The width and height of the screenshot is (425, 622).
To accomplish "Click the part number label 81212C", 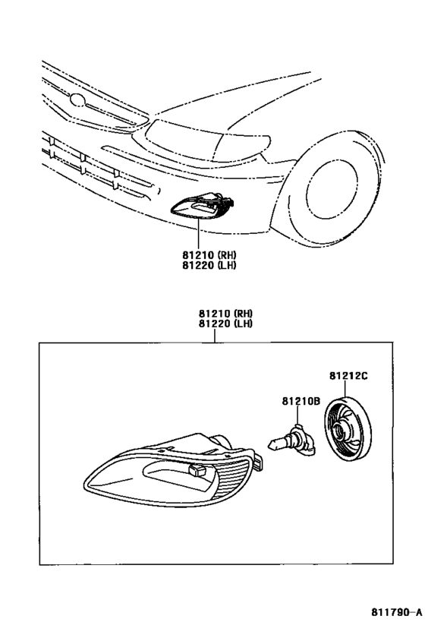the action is pos(348,375).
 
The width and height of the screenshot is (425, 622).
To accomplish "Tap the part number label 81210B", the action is pos(301,402).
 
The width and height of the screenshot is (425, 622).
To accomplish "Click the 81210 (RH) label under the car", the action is pos(209,254).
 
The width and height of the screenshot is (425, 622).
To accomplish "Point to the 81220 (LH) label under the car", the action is pos(209,264).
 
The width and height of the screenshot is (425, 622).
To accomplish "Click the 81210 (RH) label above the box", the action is pos(225,313).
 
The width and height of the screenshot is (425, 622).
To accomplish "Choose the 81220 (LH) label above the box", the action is pos(225,324).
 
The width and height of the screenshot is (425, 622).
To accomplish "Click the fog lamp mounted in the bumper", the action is pos(202,206).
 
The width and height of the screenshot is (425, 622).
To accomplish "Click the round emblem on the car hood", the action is pos(77,100).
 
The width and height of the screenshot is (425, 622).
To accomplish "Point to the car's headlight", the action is pos(206,141).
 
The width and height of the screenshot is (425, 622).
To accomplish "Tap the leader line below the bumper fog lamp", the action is pos(198,233).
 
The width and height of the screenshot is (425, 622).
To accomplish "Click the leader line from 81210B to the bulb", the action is pos(297,416).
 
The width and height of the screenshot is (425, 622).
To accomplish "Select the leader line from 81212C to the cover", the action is pos(345,389).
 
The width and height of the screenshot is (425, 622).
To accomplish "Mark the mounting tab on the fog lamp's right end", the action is pos(258,463).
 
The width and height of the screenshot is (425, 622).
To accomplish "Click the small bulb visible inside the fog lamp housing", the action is pos(198,470).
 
